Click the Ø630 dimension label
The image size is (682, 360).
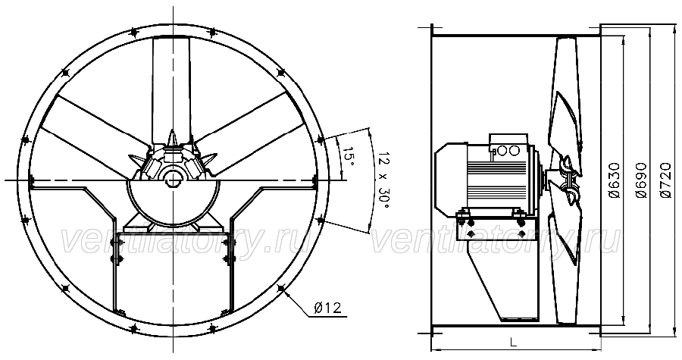click(x=615, y=180)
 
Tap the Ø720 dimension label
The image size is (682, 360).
click(x=666, y=180)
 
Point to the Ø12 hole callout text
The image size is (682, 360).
click(x=327, y=308)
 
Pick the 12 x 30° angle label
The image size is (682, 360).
click(x=383, y=180)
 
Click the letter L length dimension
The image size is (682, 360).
click(x=514, y=343)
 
